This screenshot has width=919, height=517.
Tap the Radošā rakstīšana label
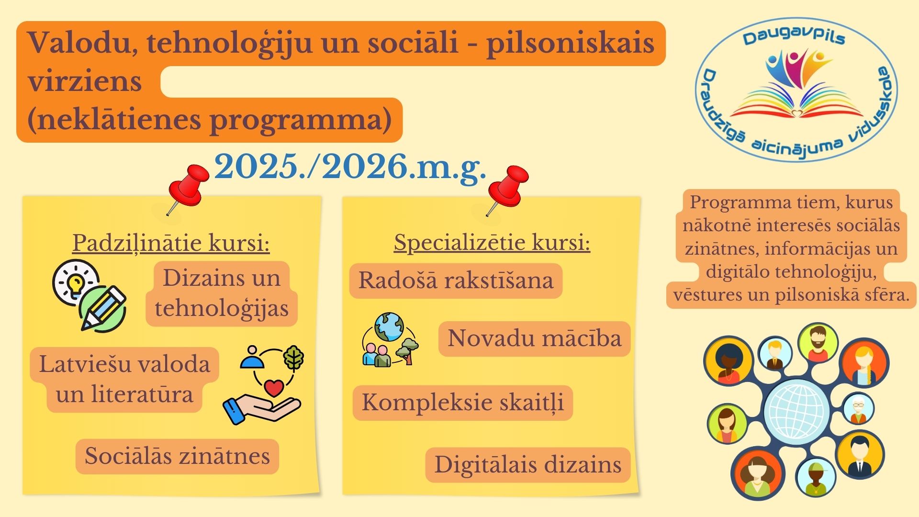(456, 281)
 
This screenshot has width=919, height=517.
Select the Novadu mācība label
(534, 338)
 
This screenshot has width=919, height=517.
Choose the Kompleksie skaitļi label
(462, 403)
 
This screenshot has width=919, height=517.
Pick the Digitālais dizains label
(527, 465)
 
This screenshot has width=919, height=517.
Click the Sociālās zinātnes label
(177, 456)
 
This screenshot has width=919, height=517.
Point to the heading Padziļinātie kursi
(171, 243)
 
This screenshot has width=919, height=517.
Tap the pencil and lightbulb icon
(90, 295)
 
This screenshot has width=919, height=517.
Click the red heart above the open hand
(274, 387)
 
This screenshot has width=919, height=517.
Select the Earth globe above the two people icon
(389, 326)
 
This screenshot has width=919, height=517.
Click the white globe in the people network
(796, 412)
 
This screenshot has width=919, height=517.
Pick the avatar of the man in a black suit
(860, 455)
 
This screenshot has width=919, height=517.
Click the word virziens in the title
(85, 81)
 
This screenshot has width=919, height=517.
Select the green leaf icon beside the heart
(293, 358)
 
